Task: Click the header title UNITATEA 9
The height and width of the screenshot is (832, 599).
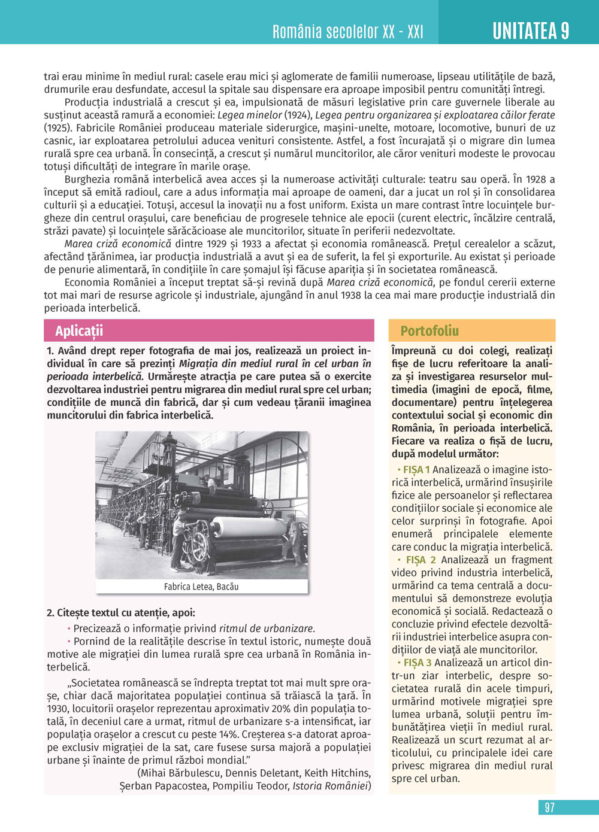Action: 531,31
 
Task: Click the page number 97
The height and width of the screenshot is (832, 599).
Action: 549,807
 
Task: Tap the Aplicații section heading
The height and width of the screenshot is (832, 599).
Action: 79,331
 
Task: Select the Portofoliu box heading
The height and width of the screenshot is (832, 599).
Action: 429,331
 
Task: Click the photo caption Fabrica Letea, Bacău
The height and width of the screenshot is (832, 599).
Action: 201,587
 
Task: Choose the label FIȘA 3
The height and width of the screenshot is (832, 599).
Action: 418,663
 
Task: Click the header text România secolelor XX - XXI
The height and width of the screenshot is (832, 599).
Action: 348,32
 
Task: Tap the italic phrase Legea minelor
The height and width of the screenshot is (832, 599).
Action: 249,115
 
